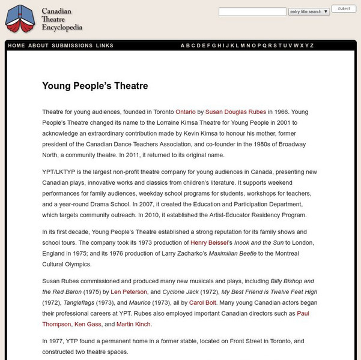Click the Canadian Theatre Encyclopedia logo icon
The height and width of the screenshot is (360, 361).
(x=20, y=19)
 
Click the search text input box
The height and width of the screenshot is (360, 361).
(x=252, y=11)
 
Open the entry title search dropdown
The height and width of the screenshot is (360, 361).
(x=309, y=11)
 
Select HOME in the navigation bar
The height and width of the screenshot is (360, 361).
(x=17, y=46)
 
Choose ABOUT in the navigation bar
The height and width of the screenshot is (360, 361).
(x=38, y=46)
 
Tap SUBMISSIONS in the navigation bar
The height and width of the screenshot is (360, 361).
(x=72, y=46)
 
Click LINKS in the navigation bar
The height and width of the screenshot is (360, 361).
(x=105, y=46)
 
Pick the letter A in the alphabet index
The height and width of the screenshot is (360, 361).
(x=183, y=46)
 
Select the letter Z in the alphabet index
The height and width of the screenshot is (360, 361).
(x=311, y=46)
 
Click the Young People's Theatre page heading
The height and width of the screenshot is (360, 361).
(x=95, y=86)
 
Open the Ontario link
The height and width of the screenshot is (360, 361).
(x=185, y=112)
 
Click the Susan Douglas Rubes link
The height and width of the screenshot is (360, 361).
(x=235, y=112)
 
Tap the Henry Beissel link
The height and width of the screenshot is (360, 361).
(x=214, y=242)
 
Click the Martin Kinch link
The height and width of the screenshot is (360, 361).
(x=134, y=324)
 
